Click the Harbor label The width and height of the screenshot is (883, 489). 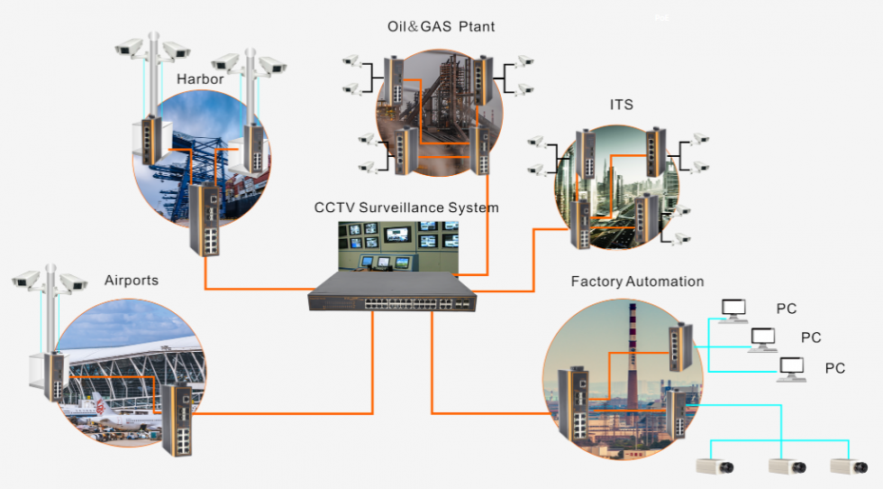pyautogui.click(x=200, y=79)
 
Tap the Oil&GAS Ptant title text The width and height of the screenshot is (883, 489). pyautogui.click(x=441, y=26)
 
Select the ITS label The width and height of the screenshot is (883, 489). pyautogui.click(x=621, y=105)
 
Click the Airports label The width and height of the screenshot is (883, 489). pyautogui.click(x=132, y=281)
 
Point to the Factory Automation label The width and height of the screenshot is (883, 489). pyautogui.click(x=637, y=281)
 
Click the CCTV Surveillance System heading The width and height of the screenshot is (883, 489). pyautogui.click(x=406, y=208)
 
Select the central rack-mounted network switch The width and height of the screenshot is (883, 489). pyautogui.click(x=392, y=291)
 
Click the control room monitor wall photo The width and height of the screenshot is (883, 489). pyautogui.click(x=398, y=246)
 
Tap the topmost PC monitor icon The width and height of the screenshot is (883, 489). pyautogui.click(x=734, y=310)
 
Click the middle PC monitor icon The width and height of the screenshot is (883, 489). pyautogui.click(x=763, y=340)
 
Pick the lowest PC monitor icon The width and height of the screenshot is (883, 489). pyautogui.click(x=791, y=369)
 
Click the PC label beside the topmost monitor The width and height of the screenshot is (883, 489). pyautogui.click(x=786, y=309)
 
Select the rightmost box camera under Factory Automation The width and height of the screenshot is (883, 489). pyautogui.click(x=849, y=466)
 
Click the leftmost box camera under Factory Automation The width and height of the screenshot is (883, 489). pyautogui.click(x=715, y=466)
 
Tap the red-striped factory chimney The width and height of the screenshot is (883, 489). pyautogui.click(x=633, y=355)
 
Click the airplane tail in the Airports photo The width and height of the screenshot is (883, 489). pyautogui.click(x=100, y=404)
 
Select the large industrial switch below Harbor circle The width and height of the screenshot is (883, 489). pyautogui.click(x=205, y=219)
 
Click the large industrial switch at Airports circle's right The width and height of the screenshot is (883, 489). pyautogui.click(x=178, y=419)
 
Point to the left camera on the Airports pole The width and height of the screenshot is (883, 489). pyautogui.click(x=26, y=279)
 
